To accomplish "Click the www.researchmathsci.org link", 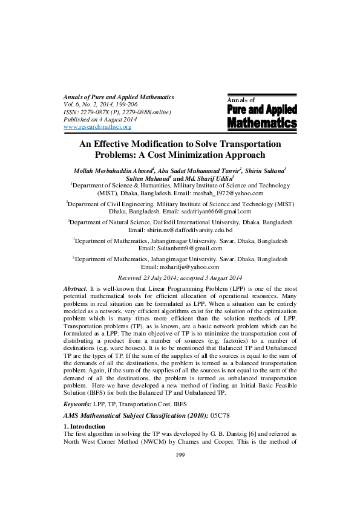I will tap(97, 127).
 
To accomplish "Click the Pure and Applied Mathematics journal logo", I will tap(261, 114).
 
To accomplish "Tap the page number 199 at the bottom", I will tap(180, 489).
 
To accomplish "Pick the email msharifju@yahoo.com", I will tap(180, 267).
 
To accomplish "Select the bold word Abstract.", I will tap(75, 290).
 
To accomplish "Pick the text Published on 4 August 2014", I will tap(100, 120).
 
